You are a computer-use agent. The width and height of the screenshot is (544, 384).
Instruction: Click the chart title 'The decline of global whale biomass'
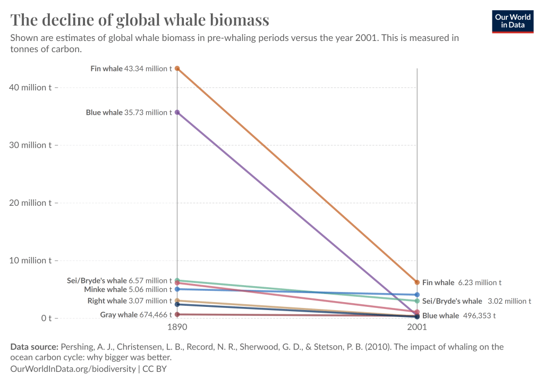(x=140, y=20)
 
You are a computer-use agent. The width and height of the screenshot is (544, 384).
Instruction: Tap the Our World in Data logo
(x=513, y=21)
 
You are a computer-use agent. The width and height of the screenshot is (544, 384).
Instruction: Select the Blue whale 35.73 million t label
(x=129, y=113)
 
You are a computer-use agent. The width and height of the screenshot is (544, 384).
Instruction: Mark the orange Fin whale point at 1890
(x=177, y=69)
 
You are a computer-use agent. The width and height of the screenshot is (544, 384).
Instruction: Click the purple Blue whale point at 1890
(x=177, y=112)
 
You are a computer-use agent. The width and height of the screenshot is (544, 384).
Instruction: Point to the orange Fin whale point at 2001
(x=417, y=282)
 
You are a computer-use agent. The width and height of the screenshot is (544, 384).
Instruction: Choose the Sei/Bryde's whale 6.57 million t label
(x=120, y=280)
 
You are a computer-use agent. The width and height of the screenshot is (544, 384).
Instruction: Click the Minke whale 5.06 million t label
(x=128, y=290)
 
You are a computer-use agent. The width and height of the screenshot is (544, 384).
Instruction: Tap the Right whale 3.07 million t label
(x=130, y=301)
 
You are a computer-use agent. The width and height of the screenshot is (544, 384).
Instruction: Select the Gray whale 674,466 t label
(x=136, y=315)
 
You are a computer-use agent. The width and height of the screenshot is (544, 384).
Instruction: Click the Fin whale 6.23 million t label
(x=462, y=283)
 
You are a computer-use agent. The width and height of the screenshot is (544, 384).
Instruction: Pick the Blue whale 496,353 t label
(x=459, y=316)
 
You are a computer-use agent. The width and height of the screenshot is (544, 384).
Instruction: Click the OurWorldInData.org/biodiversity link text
(x=72, y=368)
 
